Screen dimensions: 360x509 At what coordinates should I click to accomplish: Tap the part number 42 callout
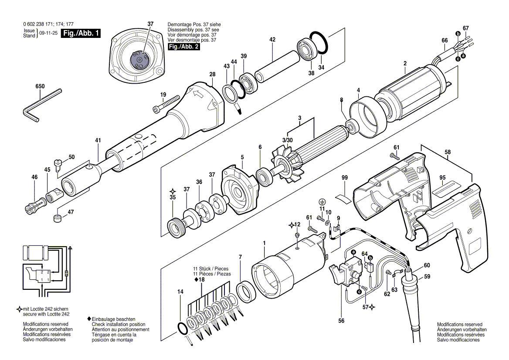tap(272, 40)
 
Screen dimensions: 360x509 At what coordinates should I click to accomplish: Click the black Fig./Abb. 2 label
tap(183, 47)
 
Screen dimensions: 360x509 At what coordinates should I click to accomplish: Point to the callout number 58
tap(448, 152)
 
